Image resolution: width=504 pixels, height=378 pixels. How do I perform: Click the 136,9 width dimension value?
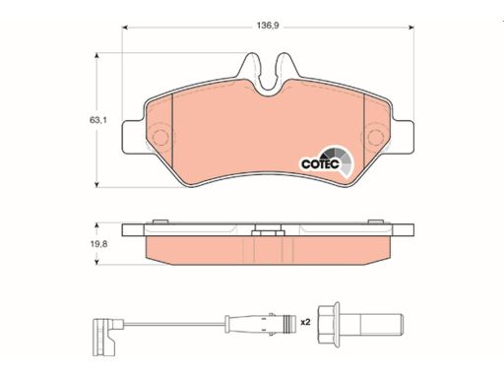coord(268,26)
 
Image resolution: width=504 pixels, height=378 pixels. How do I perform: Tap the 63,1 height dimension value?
coord(98,120)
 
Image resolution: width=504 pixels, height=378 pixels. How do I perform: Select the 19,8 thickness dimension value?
coord(98,244)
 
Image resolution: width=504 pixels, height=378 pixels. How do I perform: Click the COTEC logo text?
coord(320,163)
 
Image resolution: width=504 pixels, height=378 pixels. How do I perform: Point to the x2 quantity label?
coord(305,322)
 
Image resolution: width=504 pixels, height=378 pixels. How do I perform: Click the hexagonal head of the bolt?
coord(329,323)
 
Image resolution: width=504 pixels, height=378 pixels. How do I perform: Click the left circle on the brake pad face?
coord(160,137)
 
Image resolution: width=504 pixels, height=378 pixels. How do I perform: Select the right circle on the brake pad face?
coord(375,137)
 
